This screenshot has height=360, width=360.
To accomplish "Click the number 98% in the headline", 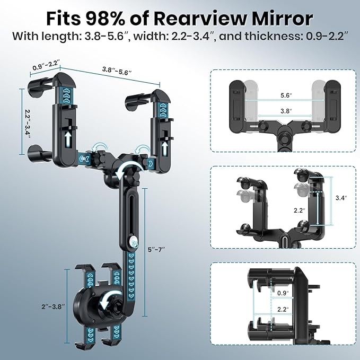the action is [106, 19].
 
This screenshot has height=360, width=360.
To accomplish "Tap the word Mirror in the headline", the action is [282, 19].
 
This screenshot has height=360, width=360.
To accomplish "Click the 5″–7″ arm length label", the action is [156, 249].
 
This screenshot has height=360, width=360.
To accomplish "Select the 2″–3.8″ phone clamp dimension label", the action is [53, 306].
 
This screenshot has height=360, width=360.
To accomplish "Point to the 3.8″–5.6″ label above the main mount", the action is [117, 71].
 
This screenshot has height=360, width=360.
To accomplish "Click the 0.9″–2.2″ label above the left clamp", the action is [46, 65].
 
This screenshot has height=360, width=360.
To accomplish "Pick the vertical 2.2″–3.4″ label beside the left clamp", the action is [28, 124].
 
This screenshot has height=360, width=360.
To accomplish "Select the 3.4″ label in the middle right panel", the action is [341, 198].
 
